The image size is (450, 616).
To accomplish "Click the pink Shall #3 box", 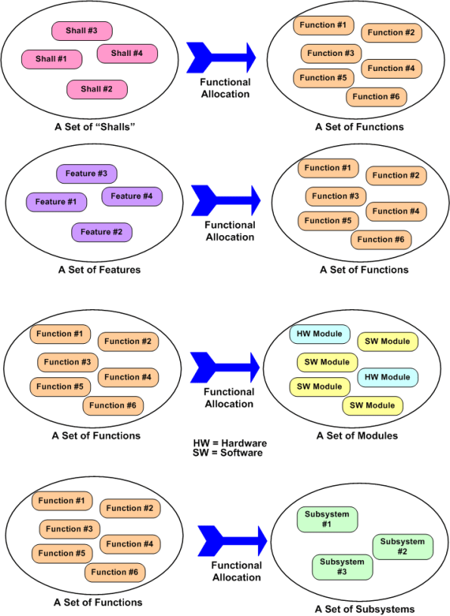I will pyautogui.click(x=82, y=31).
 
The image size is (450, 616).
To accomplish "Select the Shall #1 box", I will pyautogui.click(x=51, y=58).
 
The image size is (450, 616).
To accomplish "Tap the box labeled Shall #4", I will pyautogui.click(x=127, y=54).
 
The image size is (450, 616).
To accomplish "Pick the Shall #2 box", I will pyautogui.click(x=97, y=89).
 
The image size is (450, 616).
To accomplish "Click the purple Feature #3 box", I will pyautogui.click(x=86, y=174).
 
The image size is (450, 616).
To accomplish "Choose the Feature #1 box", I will pyautogui.click(x=56, y=202).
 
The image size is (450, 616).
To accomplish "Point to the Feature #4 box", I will pyautogui.click(x=132, y=197).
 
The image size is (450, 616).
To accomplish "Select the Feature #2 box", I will pyautogui.click(x=101, y=232).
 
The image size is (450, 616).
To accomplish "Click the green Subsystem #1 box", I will pyautogui.click(x=327, y=519).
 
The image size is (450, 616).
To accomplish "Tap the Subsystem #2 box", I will pyautogui.click(x=402, y=546).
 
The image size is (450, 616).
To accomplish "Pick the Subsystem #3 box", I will pyautogui.click(x=342, y=567).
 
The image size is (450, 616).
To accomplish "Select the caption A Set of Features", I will pyautogui.click(x=99, y=269).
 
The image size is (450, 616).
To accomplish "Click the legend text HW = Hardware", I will pyautogui.click(x=230, y=442).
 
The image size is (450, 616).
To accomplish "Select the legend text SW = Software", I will pyautogui.click(x=228, y=452).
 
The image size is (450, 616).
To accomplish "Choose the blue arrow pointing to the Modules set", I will pyautogui.click(x=225, y=367).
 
